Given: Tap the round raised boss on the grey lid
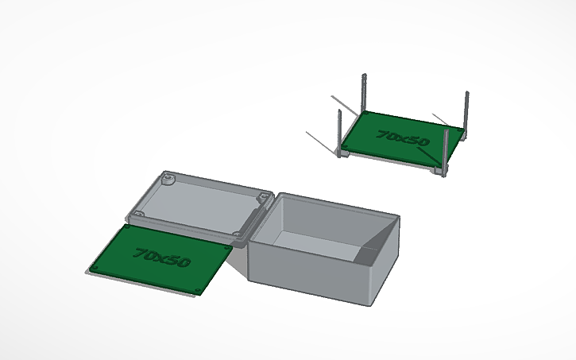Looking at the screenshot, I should pyautogui.click(x=168, y=180).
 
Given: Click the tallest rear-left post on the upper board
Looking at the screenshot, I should pyautogui.click(x=364, y=92).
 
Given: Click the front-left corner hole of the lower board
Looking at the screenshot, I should pyautogui.click(x=92, y=269).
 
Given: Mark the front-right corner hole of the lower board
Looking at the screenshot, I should pyautogui.click(x=195, y=287).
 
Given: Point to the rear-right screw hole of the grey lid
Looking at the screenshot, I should pyautogui.click(x=261, y=196).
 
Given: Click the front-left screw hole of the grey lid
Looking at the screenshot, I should pyautogui.click(x=138, y=215).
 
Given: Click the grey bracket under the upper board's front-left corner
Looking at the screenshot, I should pyautogui.click(x=344, y=153).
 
